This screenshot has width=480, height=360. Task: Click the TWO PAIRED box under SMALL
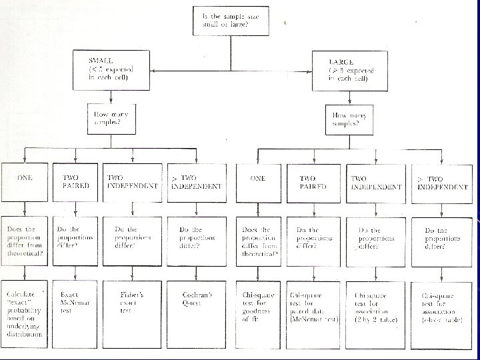click(75, 181)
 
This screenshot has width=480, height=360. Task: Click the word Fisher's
click(131, 294)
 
